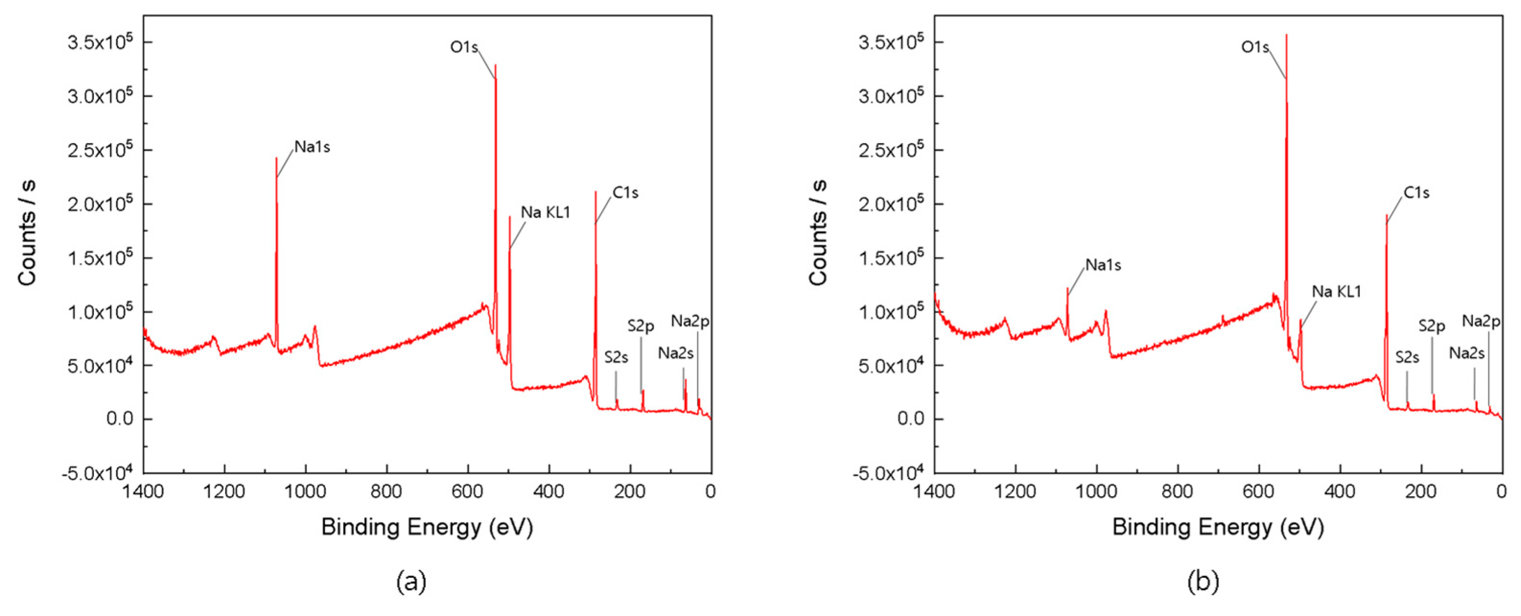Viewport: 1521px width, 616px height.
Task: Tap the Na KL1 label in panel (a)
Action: coord(545,212)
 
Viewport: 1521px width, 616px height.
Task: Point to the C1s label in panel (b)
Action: coord(1416,193)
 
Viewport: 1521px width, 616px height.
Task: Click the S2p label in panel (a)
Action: coord(640,326)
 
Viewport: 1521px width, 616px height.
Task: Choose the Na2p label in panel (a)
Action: coord(690,321)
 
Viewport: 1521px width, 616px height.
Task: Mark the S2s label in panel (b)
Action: coord(1406,357)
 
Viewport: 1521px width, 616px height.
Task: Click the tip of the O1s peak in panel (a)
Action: coord(495,65)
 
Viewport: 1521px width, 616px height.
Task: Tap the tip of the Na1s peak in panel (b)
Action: coord(1067,288)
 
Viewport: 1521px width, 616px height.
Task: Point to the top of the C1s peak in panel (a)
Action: coord(596,192)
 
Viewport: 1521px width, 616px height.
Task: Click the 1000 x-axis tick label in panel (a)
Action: coord(305,491)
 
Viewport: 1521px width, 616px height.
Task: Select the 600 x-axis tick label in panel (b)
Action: coord(1258,491)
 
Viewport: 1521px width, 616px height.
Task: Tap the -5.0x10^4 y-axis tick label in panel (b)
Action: coord(888,473)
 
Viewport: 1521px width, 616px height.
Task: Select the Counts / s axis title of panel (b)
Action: coord(818,233)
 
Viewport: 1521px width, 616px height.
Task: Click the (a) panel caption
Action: coord(411,582)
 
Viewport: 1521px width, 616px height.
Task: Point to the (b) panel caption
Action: coord(1203,582)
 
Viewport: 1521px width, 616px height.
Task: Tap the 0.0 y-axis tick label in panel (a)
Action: coord(120,419)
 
